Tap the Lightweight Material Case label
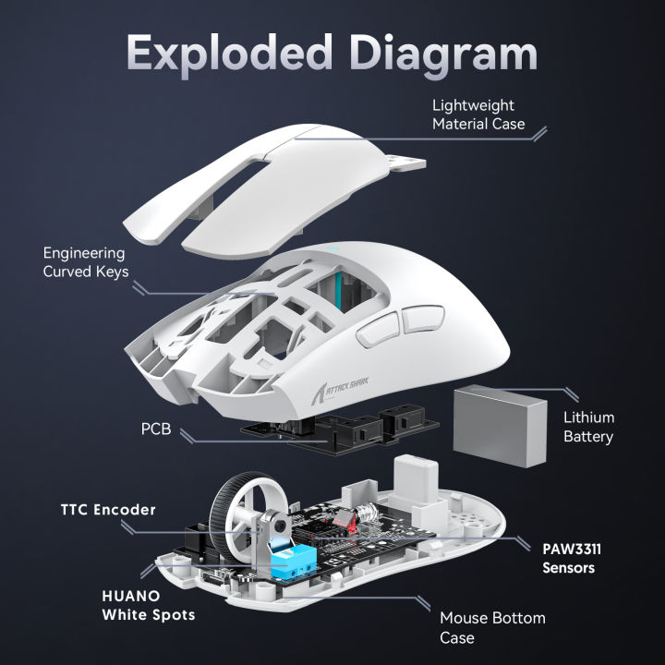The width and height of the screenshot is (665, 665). click(478, 115)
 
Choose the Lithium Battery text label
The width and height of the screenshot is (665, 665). click(587, 427)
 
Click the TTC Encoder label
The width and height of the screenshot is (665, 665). click(108, 509)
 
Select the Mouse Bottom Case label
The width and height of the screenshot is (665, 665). click(492, 627)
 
